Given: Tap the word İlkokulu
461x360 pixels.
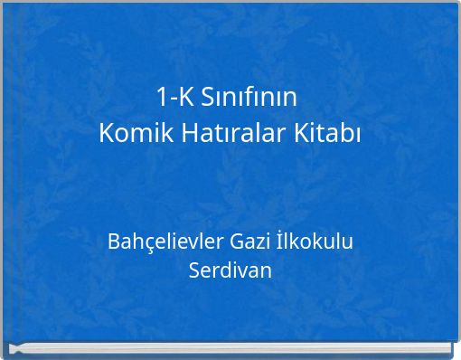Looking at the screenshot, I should tap(315, 242).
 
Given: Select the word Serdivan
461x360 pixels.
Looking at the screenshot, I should tap(230, 270).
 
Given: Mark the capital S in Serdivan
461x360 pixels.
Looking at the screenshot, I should tap(194, 270).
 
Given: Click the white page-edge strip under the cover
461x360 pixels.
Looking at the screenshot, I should tap(230, 349).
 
